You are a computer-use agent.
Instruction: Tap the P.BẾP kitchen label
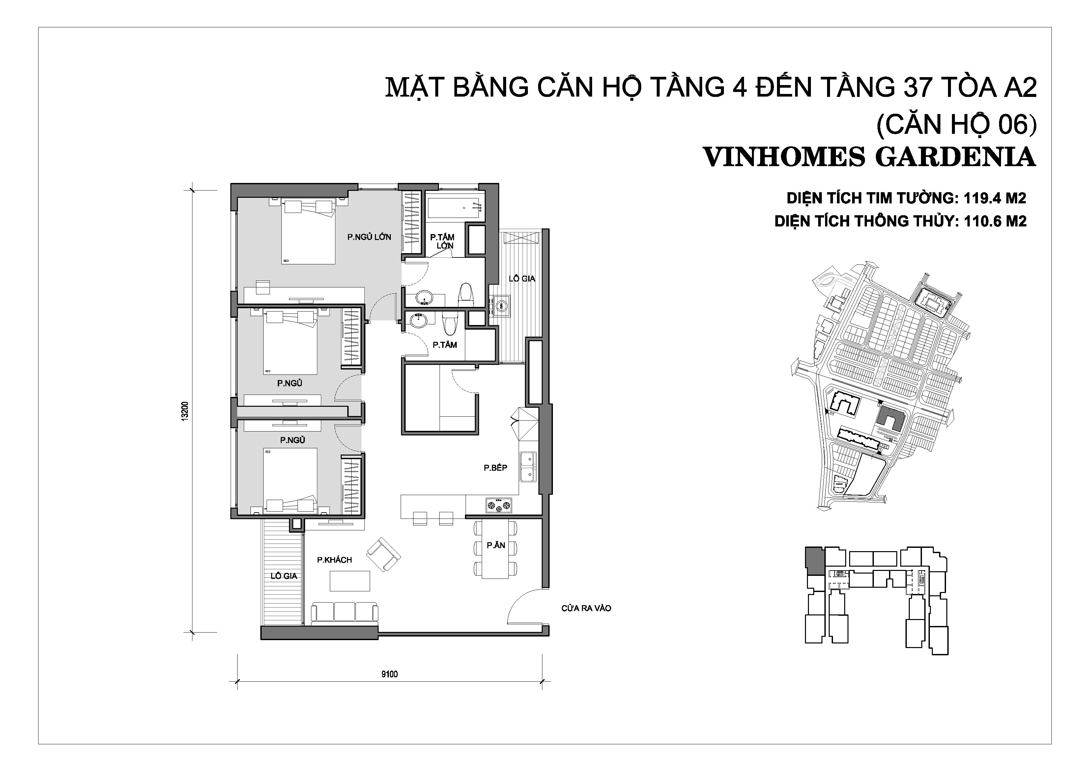pyautogui.click(x=495, y=468)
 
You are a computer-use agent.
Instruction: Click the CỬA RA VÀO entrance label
pyautogui.click(x=586, y=608)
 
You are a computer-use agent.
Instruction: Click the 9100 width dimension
pyautogui.click(x=389, y=674)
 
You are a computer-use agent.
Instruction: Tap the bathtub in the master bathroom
pyautogui.click(x=455, y=208)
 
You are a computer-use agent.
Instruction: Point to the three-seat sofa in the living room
pyautogui.click(x=345, y=612)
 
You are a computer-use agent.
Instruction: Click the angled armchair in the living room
pyautogui.click(x=384, y=554)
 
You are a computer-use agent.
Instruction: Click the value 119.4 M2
pyautogui.click(x=994, y=198)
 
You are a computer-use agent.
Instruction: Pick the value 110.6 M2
pyautogui.click(x=995, y=221)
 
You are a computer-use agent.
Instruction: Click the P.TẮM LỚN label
pyautogui.click(x=443, y=241)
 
